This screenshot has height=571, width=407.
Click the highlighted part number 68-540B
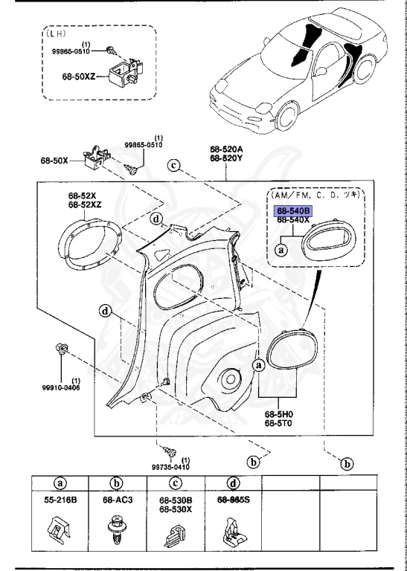(293, 211)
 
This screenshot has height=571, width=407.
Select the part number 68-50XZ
(78, 77)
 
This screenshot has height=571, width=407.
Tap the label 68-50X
(54, 161)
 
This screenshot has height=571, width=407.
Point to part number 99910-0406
(61, 388)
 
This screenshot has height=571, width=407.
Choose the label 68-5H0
(279, 414)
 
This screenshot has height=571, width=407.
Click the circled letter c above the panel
(174, 166)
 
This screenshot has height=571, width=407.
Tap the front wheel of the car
(286, 117)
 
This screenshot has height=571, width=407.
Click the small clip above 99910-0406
(61, 349)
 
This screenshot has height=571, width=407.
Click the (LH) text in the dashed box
(55, 33)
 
